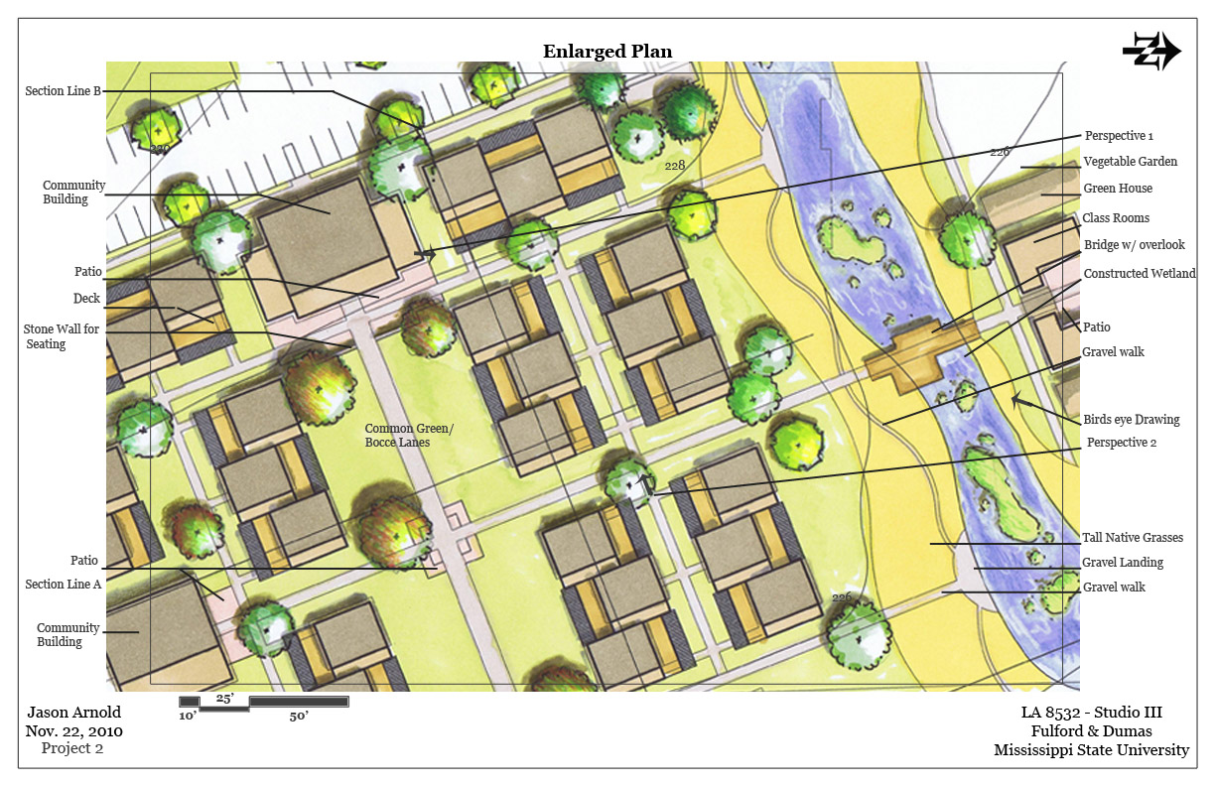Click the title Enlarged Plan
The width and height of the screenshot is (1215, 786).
click(607, 52)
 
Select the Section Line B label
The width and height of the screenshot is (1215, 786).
click(64, 91)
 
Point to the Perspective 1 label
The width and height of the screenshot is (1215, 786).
click(1119, 136)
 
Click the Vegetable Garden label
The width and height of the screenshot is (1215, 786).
click(1130, 162)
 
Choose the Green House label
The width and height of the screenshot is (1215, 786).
click(1118, 189)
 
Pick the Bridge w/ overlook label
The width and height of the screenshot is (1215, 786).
click(1134, 245)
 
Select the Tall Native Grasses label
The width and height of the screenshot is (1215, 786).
click(1134, 538)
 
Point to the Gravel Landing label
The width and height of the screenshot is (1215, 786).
click(1124, 563)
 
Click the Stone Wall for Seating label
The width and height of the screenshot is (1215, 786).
click(61, 336)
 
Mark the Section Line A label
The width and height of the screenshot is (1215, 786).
click(64, 585)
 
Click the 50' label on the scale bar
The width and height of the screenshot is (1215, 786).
click(299, 716)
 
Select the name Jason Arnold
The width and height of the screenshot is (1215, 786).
click(73, 713)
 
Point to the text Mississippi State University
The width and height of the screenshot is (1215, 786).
click(1091, 750)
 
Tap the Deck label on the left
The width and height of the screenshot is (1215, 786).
click(86, 299)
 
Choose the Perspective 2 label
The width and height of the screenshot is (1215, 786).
click(1121, 443)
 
